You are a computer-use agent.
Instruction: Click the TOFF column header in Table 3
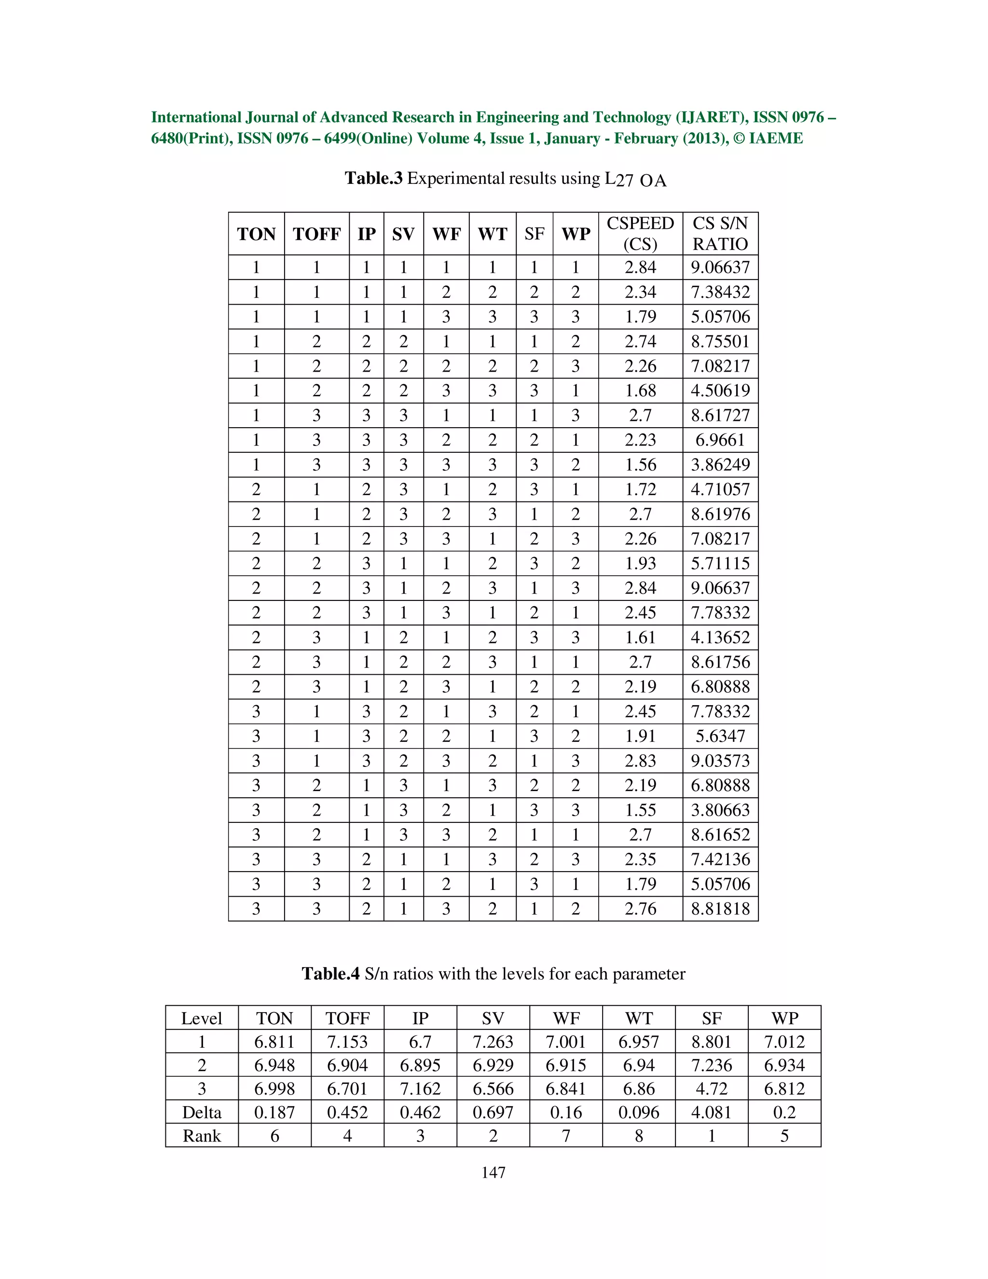click(316, 234)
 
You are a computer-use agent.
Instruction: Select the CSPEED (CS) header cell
click(640, 234)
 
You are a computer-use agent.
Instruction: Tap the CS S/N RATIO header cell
click(720, 234)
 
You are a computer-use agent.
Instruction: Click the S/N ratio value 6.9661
click(720, 440)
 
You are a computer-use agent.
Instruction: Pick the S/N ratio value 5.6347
click(720, 736)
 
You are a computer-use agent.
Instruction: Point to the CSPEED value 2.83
click(640, 760)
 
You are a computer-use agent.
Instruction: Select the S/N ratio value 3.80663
click(720, 810)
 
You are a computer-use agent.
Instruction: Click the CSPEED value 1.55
click(640, 810)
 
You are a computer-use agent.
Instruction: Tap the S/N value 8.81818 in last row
click(720, 908)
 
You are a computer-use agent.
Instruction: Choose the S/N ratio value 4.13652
click(720, 637)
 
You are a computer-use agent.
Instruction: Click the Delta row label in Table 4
click(202, 1112)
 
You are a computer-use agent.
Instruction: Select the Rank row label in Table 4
click(202, 1136)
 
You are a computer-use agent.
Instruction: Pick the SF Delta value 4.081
click(711, 1112)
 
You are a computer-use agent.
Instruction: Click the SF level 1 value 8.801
click(711, 1042)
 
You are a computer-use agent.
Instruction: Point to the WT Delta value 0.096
click(639, 1112)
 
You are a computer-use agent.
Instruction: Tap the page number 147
click(494, 1172)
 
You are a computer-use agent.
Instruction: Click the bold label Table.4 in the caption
click(330, 974)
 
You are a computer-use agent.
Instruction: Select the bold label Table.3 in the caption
click(373, 178)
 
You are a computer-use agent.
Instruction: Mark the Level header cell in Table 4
click(202, 1018)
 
